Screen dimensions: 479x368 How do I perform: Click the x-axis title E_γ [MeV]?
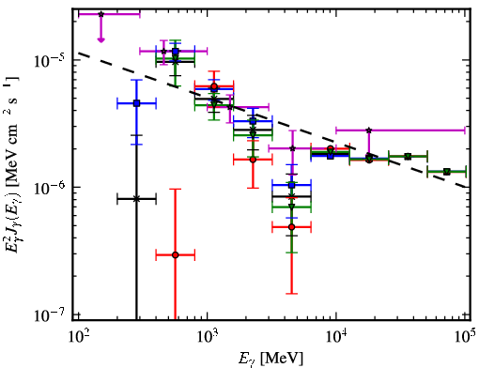pyautogui.click(x=270, y=358)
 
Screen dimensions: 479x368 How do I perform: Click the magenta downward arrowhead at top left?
pyautogui.click(x=100, y=39)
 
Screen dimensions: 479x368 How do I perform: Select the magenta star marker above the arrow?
pyautogui.click(x=100, y=14)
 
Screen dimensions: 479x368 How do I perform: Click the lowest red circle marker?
pyautogui.click(x=176, y=255)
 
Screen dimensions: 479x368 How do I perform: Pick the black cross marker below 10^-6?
pyautogui.click(x=136, y=199)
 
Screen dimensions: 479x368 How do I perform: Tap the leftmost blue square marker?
pyautogui.click(x=136, y=103)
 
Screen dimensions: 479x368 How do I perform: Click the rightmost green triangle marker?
pyautogui.click(x=447, y=172)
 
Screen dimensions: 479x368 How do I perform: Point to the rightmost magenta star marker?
pyautogui.click(x=369, y=130)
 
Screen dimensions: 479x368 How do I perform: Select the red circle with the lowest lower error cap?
pyautogui.click(x=176, y=255)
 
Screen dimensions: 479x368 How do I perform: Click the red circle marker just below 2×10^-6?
pyautogui.click(x=253, y=160)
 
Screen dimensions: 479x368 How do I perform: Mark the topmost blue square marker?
pyautogui.click(x=176, y=51)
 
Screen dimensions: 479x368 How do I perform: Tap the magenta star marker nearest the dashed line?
pyautogui.click(x=230, y=107)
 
